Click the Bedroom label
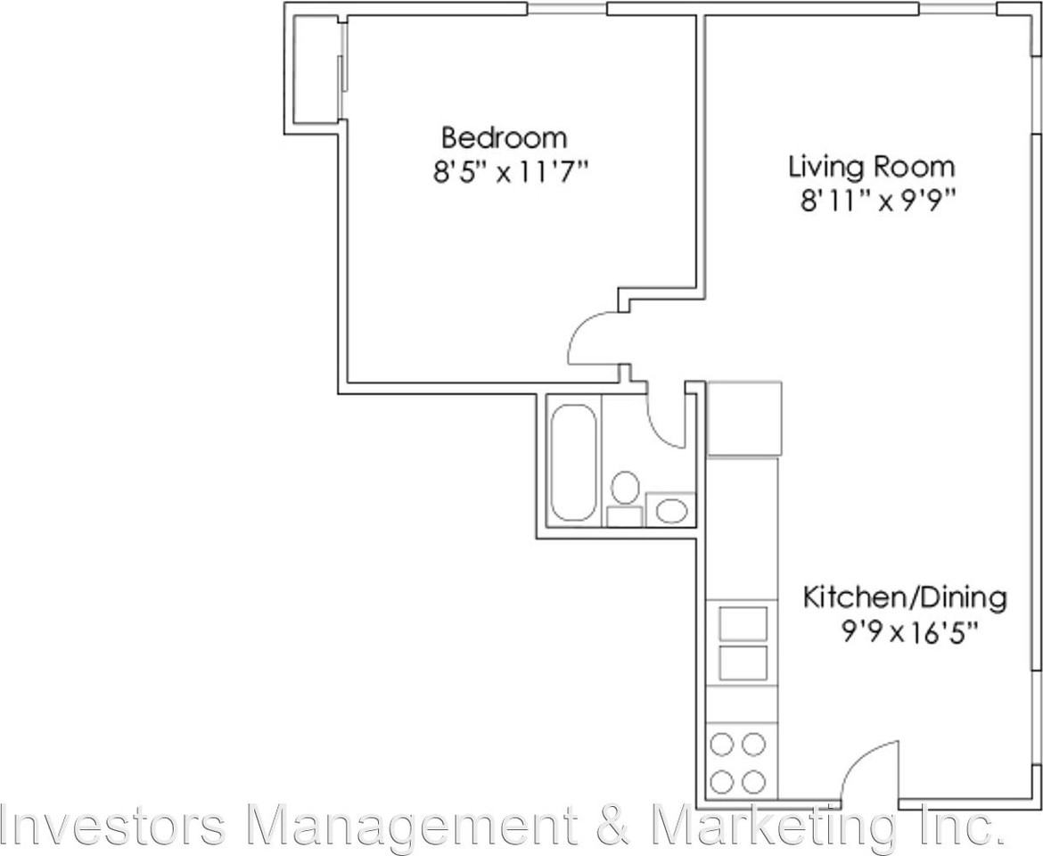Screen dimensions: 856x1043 click(505, 138)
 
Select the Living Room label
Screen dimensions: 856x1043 click(871, 167)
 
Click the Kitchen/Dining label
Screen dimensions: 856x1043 click(905, 597)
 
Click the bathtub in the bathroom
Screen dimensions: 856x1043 click(573, 462)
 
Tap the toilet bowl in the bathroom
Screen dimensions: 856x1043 click(626, 488)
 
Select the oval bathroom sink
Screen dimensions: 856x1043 click(671, 512)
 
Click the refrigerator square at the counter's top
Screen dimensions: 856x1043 click(743, 418)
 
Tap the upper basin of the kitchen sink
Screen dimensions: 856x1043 click(743, 622)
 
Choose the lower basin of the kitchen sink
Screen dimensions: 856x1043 click(743, 663)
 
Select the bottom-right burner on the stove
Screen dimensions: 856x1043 click(754, 782)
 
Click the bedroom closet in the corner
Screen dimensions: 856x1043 click(315, 69)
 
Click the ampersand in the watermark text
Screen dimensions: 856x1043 click(612, 825)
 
